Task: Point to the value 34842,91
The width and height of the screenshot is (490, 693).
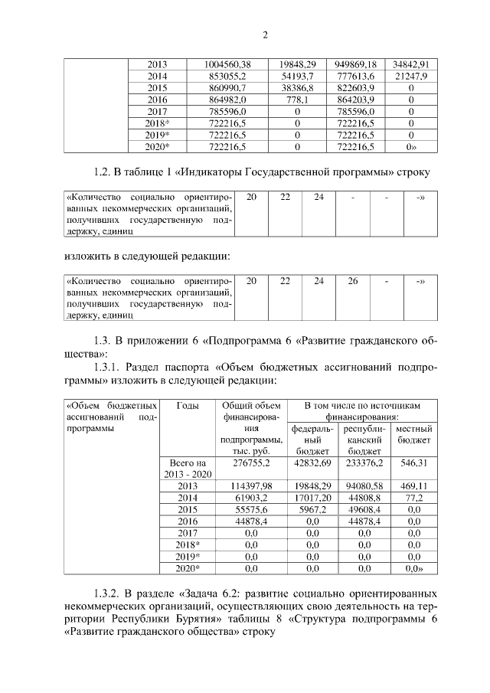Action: pos(410,64)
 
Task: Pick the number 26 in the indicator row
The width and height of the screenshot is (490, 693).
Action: pos(352,281)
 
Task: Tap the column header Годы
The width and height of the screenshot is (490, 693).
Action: pos(188,404)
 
